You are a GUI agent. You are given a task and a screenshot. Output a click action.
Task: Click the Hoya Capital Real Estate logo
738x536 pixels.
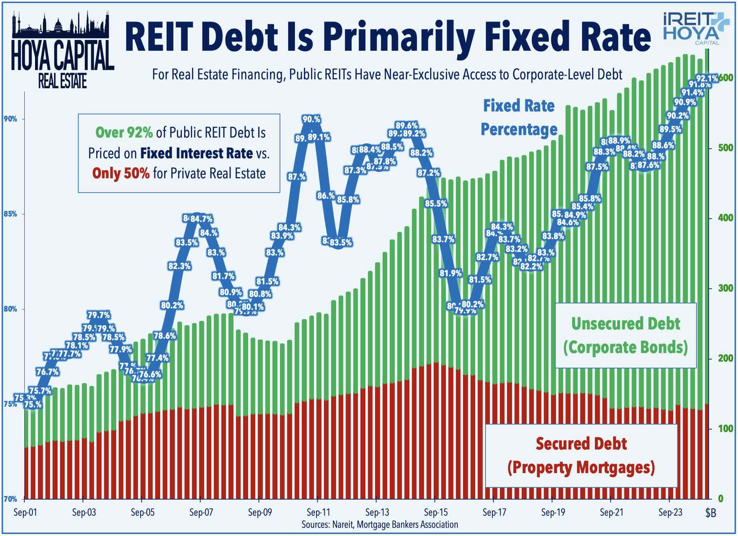click(63, 50)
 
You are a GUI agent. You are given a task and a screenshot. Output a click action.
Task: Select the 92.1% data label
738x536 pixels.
click(707, 78)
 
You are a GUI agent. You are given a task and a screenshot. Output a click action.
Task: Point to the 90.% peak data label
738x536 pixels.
click(311, 119)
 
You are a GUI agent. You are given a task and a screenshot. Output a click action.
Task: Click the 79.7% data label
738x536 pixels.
click(99, 315)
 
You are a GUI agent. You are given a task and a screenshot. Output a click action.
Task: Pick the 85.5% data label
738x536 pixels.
click(436, 204)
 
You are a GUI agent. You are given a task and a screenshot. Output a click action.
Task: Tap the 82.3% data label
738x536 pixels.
click(179, 266)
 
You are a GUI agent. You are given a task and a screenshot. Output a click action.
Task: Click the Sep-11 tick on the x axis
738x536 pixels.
click(318, 512)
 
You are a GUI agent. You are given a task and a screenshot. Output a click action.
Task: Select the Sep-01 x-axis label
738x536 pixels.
click(25, 512)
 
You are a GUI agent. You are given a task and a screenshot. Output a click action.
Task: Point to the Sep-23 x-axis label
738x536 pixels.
click(670, 512)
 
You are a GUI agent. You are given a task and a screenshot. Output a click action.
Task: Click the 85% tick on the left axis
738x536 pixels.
click(10, 214)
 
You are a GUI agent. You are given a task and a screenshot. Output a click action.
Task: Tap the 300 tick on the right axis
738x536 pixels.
click(716, 288)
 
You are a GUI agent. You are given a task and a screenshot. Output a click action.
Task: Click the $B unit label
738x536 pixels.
click(711, 513)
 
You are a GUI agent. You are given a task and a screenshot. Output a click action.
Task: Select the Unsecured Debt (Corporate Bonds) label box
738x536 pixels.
click(625, 335)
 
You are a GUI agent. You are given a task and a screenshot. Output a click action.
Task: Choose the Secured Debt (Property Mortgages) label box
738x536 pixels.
click(581, 455)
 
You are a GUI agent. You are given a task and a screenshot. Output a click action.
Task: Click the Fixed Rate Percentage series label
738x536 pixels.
click(519, 118)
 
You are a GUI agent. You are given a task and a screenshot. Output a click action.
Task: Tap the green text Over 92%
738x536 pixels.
click(124, 133)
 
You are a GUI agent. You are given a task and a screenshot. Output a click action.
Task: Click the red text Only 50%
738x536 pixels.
click(121, 173)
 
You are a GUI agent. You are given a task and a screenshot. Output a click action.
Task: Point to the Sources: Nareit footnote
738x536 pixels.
click(380, 524)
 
